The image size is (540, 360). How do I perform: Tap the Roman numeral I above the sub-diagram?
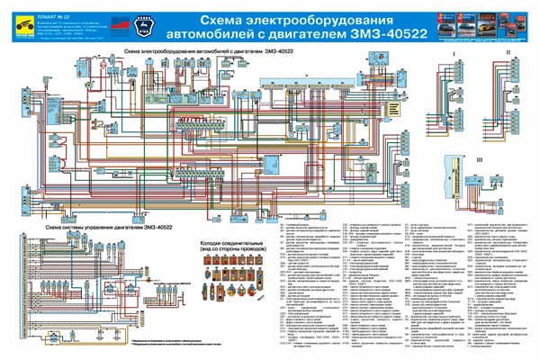click(455, 55)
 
